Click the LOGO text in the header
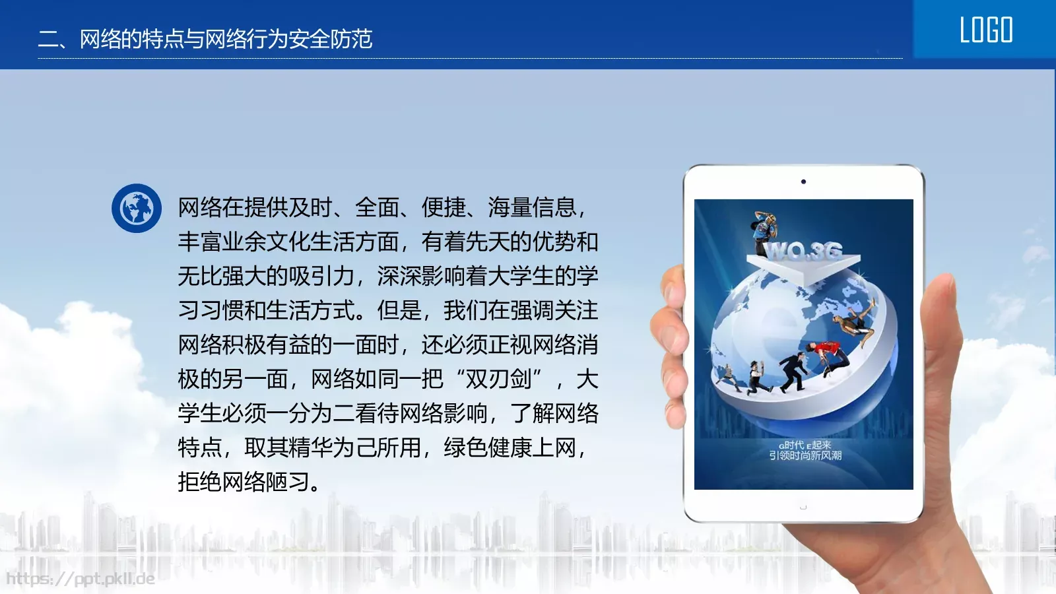986,30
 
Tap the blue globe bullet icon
137,209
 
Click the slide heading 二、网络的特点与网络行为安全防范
205,39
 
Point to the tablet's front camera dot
803,181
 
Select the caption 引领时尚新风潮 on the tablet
805,455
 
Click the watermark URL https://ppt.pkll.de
81,579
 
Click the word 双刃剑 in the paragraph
498,379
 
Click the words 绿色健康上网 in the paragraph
510,447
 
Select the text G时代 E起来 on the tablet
805,445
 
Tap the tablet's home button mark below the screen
803,507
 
